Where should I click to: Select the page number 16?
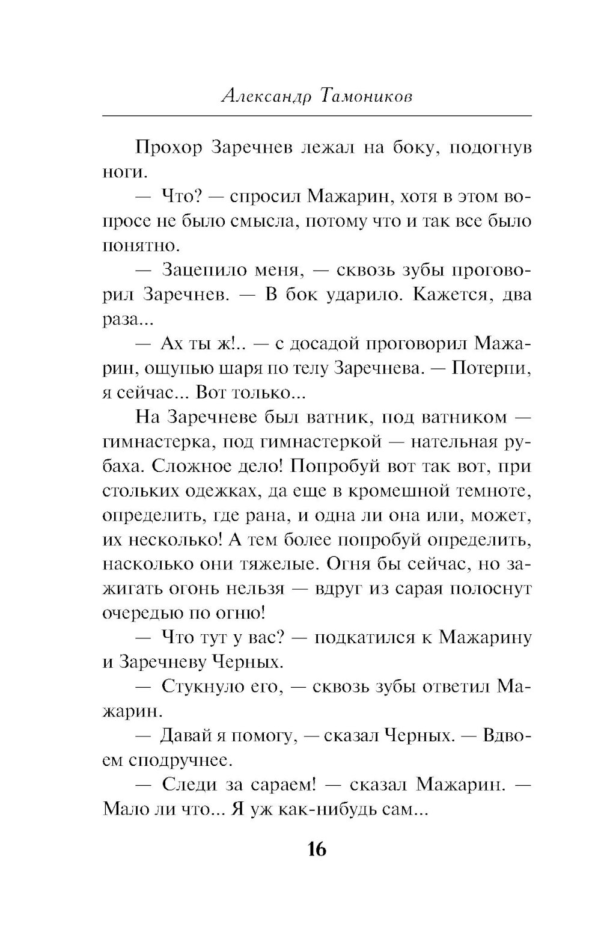317,849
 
